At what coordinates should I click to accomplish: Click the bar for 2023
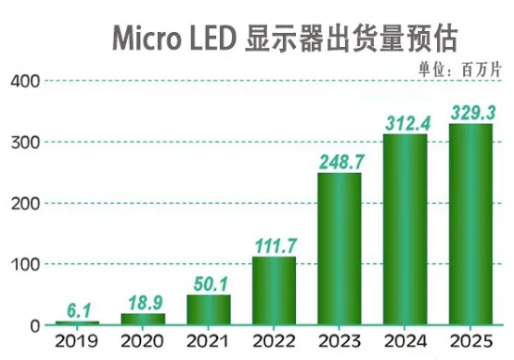(339, 249)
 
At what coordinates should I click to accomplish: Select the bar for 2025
(470, 225)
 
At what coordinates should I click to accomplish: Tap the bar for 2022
(273, 290)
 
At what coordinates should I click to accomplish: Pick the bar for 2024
(405, 229)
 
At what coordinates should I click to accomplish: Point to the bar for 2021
(209, 309)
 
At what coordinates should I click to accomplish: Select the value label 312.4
(406, 122)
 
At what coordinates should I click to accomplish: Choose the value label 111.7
(274, 244)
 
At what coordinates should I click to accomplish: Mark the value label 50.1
(209, 282)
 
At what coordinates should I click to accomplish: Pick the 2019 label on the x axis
(77, 343)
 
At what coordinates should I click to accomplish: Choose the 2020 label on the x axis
(143, 343)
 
